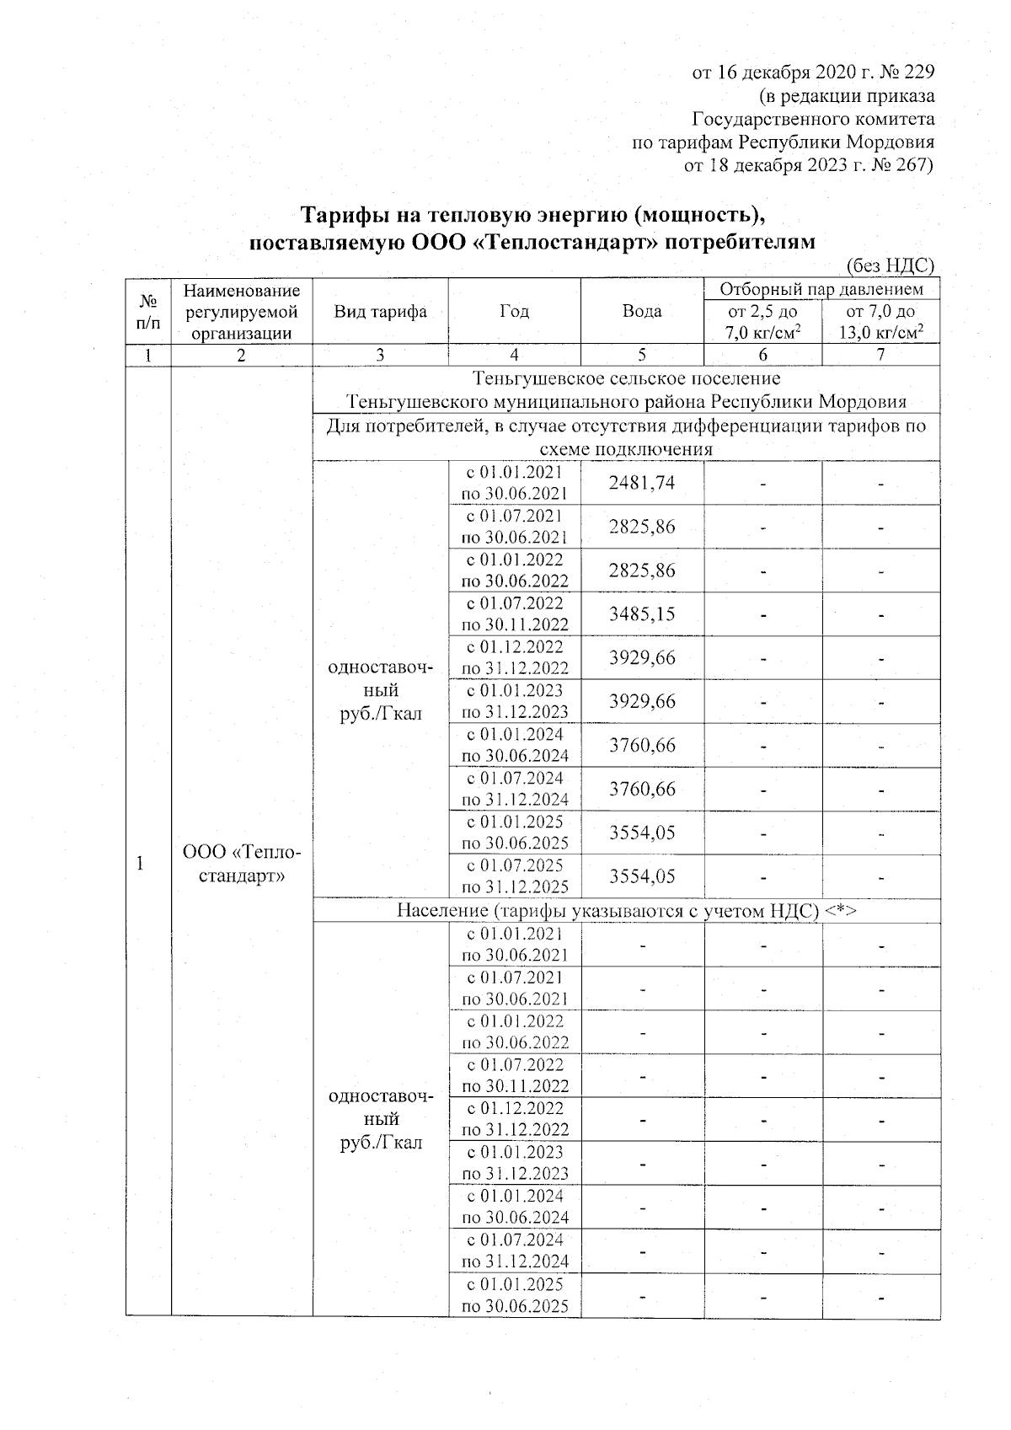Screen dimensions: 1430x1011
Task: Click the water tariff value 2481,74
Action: pos(642,483)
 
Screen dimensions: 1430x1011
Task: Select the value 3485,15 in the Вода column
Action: pos(642,613)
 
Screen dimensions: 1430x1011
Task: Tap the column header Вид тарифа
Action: pos(380,311)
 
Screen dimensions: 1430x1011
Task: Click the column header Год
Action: pos(514,311)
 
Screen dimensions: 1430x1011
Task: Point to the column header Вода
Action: pos(642,311)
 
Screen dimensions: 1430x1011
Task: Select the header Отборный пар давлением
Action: pos(821,289)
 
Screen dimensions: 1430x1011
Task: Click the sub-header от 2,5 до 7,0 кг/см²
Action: pos(762,322)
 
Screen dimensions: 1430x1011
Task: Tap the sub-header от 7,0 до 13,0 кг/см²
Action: pos(880,322)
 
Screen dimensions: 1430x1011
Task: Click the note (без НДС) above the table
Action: pos(890,266)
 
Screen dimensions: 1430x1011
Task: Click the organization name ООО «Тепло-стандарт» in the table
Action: pos(241,864)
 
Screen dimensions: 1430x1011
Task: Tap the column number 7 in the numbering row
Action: pos(880,355)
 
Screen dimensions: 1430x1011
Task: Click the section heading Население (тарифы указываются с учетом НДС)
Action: pos(626,910)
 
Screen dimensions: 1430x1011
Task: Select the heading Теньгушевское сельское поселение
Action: pos(626,378)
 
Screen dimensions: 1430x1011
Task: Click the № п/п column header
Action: pos(148,311)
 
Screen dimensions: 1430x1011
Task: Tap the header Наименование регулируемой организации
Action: pos(241,311)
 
